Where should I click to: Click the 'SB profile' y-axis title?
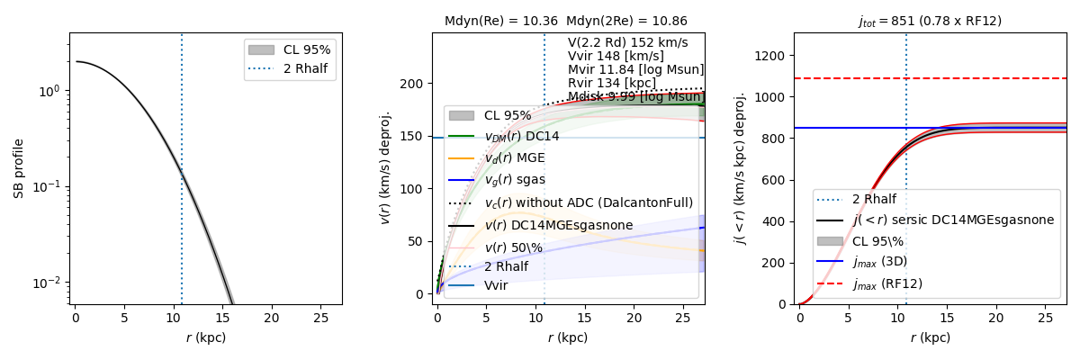18,169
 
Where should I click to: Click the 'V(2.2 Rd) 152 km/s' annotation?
627,42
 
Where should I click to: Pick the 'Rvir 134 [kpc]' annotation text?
612,83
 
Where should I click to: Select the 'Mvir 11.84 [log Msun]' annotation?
635,69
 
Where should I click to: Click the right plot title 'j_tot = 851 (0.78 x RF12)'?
930,21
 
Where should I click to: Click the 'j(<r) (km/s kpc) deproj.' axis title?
740,169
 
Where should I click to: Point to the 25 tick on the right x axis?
1045,319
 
